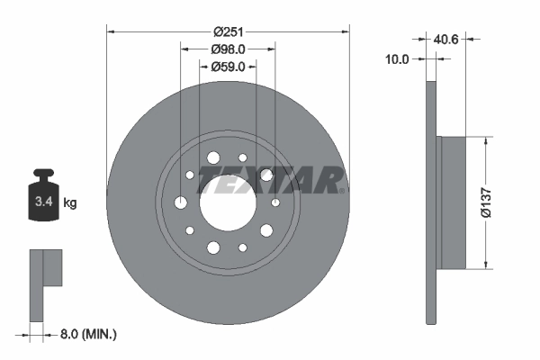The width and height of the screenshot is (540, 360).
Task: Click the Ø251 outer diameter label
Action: point(228,31)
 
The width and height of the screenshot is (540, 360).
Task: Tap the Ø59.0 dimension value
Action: point(228,67)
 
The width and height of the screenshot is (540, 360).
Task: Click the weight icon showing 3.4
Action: point(43,194)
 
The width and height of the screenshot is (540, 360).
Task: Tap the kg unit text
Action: point(70,203)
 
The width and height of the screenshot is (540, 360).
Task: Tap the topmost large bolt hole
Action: point(213,158)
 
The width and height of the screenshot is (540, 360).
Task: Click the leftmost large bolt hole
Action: point(181,202)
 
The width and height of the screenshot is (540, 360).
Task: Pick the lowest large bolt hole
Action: point(213,247)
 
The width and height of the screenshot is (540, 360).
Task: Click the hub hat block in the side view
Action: point(452,202)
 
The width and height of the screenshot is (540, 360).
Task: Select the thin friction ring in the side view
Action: point(431,202)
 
